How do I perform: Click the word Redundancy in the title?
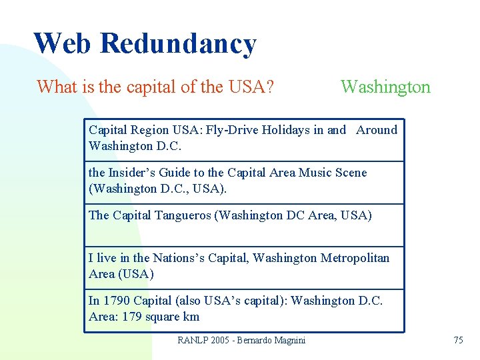click(179, 43)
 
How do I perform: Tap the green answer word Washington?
click(385, 87)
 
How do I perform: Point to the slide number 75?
click(458, 340)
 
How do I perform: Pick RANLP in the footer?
click(193, 340)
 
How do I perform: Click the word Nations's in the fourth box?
click(179, 258)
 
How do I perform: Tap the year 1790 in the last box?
click(117, 301)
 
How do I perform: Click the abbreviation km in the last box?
click(191, 317)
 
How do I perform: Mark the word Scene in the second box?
click(352, 173)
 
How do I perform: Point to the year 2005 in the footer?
click(220, 340)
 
